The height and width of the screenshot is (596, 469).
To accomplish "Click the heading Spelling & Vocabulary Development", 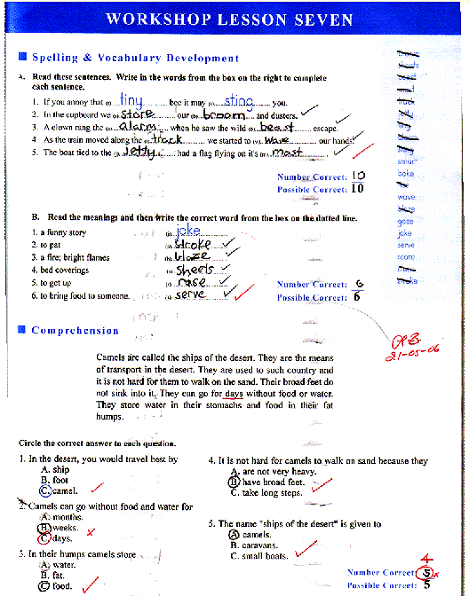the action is tap(135, 58).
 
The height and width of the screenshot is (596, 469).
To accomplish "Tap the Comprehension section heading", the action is tap(75, 331).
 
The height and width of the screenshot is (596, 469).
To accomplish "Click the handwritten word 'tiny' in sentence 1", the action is tap(131, 101).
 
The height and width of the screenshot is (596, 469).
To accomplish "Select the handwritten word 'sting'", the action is tap(234, 101).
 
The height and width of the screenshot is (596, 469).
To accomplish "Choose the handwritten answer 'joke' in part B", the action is tap(189, 231).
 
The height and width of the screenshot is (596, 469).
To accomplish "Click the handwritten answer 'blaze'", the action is tap(193, 256).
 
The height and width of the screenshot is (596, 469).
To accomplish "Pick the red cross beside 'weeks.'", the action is tap(90, 530).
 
